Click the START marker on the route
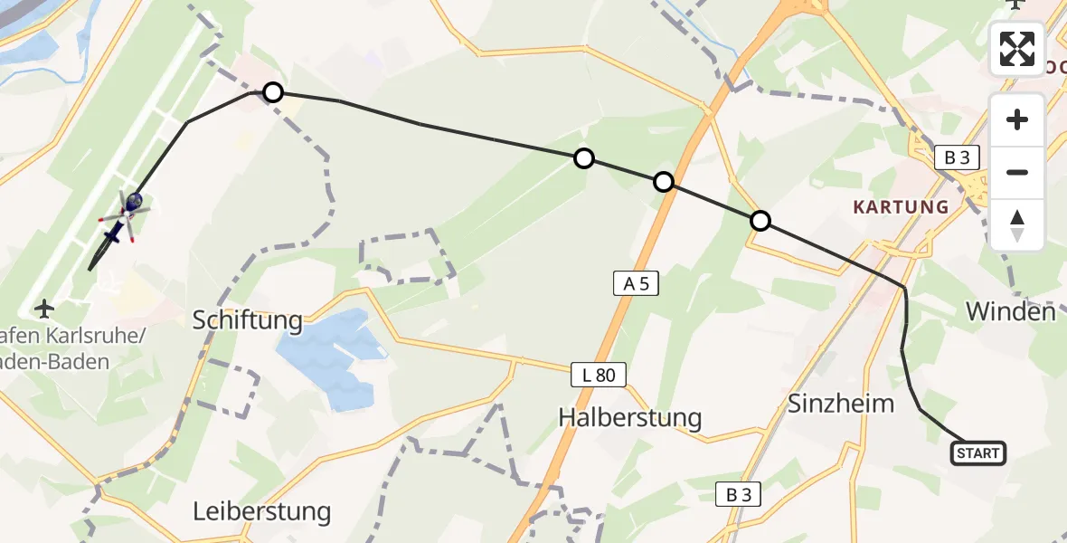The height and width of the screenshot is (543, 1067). pyautogui.click(x=978, y=452)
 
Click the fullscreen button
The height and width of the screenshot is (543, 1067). pyautogui.click(x=1017, y=49)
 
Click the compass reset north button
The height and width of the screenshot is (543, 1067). pyautogui.click(x=1017, y=225)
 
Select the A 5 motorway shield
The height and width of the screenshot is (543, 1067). pyautogui.click(x=637, y=284)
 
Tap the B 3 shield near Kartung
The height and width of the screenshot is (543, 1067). pyautogui.click(x=957, y=157)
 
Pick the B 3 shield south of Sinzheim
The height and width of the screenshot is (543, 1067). pyautogui.click(x=739, y=494)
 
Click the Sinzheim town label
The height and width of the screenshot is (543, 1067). pyautogui.click(x=841, y=403)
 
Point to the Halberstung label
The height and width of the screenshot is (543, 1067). pyautogui.click(x=630, y=417)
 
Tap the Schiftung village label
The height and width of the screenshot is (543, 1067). pyautogui.click(x=247, y=319)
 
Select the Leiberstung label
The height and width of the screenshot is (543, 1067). pyautogui.click(x=261, y=511)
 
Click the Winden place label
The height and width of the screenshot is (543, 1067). pyautogui.click(x=1011, y=312)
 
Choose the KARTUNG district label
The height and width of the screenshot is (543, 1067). pyautogui.click(x=901, y=207)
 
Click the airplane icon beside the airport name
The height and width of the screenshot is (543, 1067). pyautogui.click(x=43, y=309)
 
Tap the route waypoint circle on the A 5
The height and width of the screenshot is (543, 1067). pyautogui.click(x=664, y=182)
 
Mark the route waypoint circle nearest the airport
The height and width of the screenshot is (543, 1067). pyautogui.click(x=272, y=91)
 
